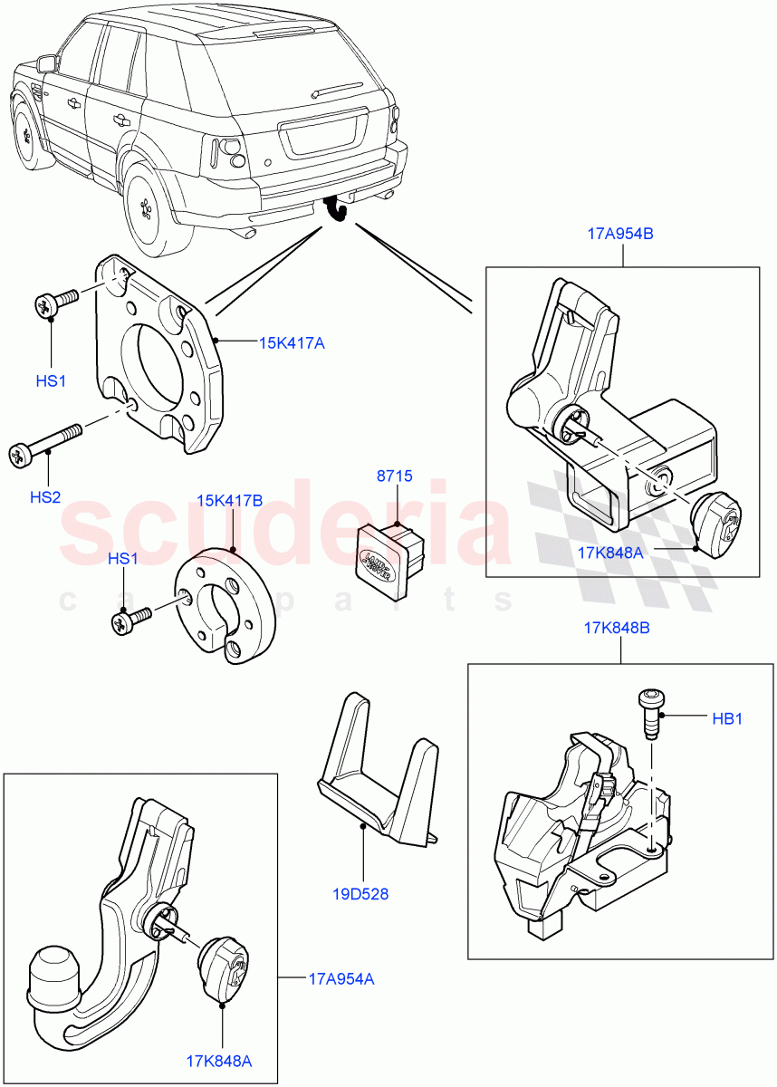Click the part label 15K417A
292,342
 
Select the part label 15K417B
230,500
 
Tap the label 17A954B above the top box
620,234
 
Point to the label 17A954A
341,978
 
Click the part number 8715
394,476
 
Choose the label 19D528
360,894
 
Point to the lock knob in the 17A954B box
716,523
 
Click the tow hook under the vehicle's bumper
339,208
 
